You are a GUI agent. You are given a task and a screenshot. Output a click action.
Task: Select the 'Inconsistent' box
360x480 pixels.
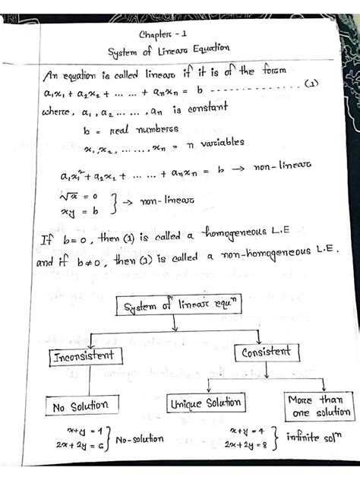[x=84, y=356]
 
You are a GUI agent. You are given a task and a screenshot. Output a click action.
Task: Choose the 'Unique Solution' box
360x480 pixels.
[x=206, y=403]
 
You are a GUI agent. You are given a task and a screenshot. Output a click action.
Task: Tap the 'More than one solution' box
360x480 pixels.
[x=318, y=405]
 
